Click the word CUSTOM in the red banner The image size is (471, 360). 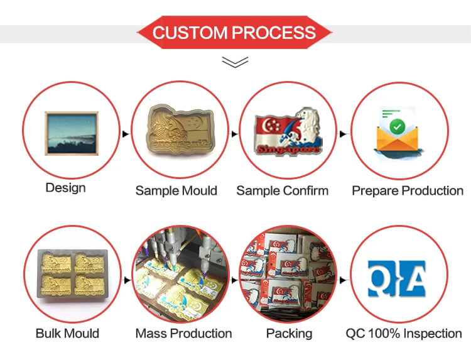pyautogui.click(x=190, y=33)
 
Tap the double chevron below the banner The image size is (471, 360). pyautogui.click(x=235, y=62)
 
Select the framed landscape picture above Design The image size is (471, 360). pyautogui.click(x=72, y=133)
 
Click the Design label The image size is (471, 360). pyautogui.click(x=65, y=188)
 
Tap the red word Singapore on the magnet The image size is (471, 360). pyautogui.click(x=288, y=149)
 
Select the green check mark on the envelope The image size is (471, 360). pyautogui.click(x=397, y=126)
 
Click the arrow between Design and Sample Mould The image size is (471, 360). pyautogui.click(x=126, y=134)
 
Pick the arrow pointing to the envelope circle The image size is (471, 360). pyautogui.click(x=343, y=134)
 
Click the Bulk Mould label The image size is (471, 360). pyautogui.click(x=67, y=334)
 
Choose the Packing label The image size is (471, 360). pyautogui.click(x=290, y=334)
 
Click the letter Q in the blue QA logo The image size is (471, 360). pyautogui.click(x=381, y=278)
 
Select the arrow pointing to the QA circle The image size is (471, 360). pyautogui.click(x=343, y=280)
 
